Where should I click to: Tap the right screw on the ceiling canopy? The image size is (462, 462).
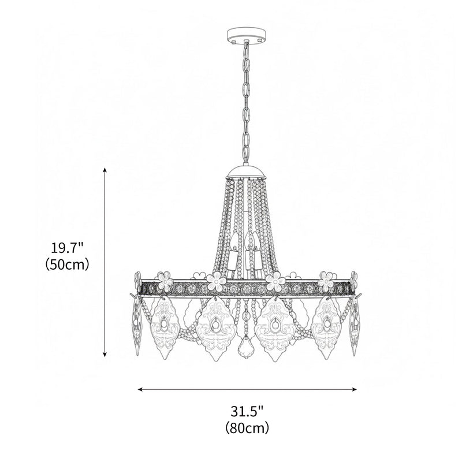(260, 40)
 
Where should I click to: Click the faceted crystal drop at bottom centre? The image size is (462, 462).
(247, 346)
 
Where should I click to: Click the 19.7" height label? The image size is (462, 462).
(68, 249)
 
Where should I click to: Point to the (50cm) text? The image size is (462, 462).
(68, 265)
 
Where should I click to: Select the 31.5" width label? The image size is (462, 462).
(247, 412)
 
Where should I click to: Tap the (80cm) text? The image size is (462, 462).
(247, 428)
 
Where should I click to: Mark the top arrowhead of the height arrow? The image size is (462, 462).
(105, 170)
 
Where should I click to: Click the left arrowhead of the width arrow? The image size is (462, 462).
(140, 389)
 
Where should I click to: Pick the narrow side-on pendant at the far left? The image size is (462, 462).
(137, 326)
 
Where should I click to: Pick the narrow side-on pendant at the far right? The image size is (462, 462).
(355, 326)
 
